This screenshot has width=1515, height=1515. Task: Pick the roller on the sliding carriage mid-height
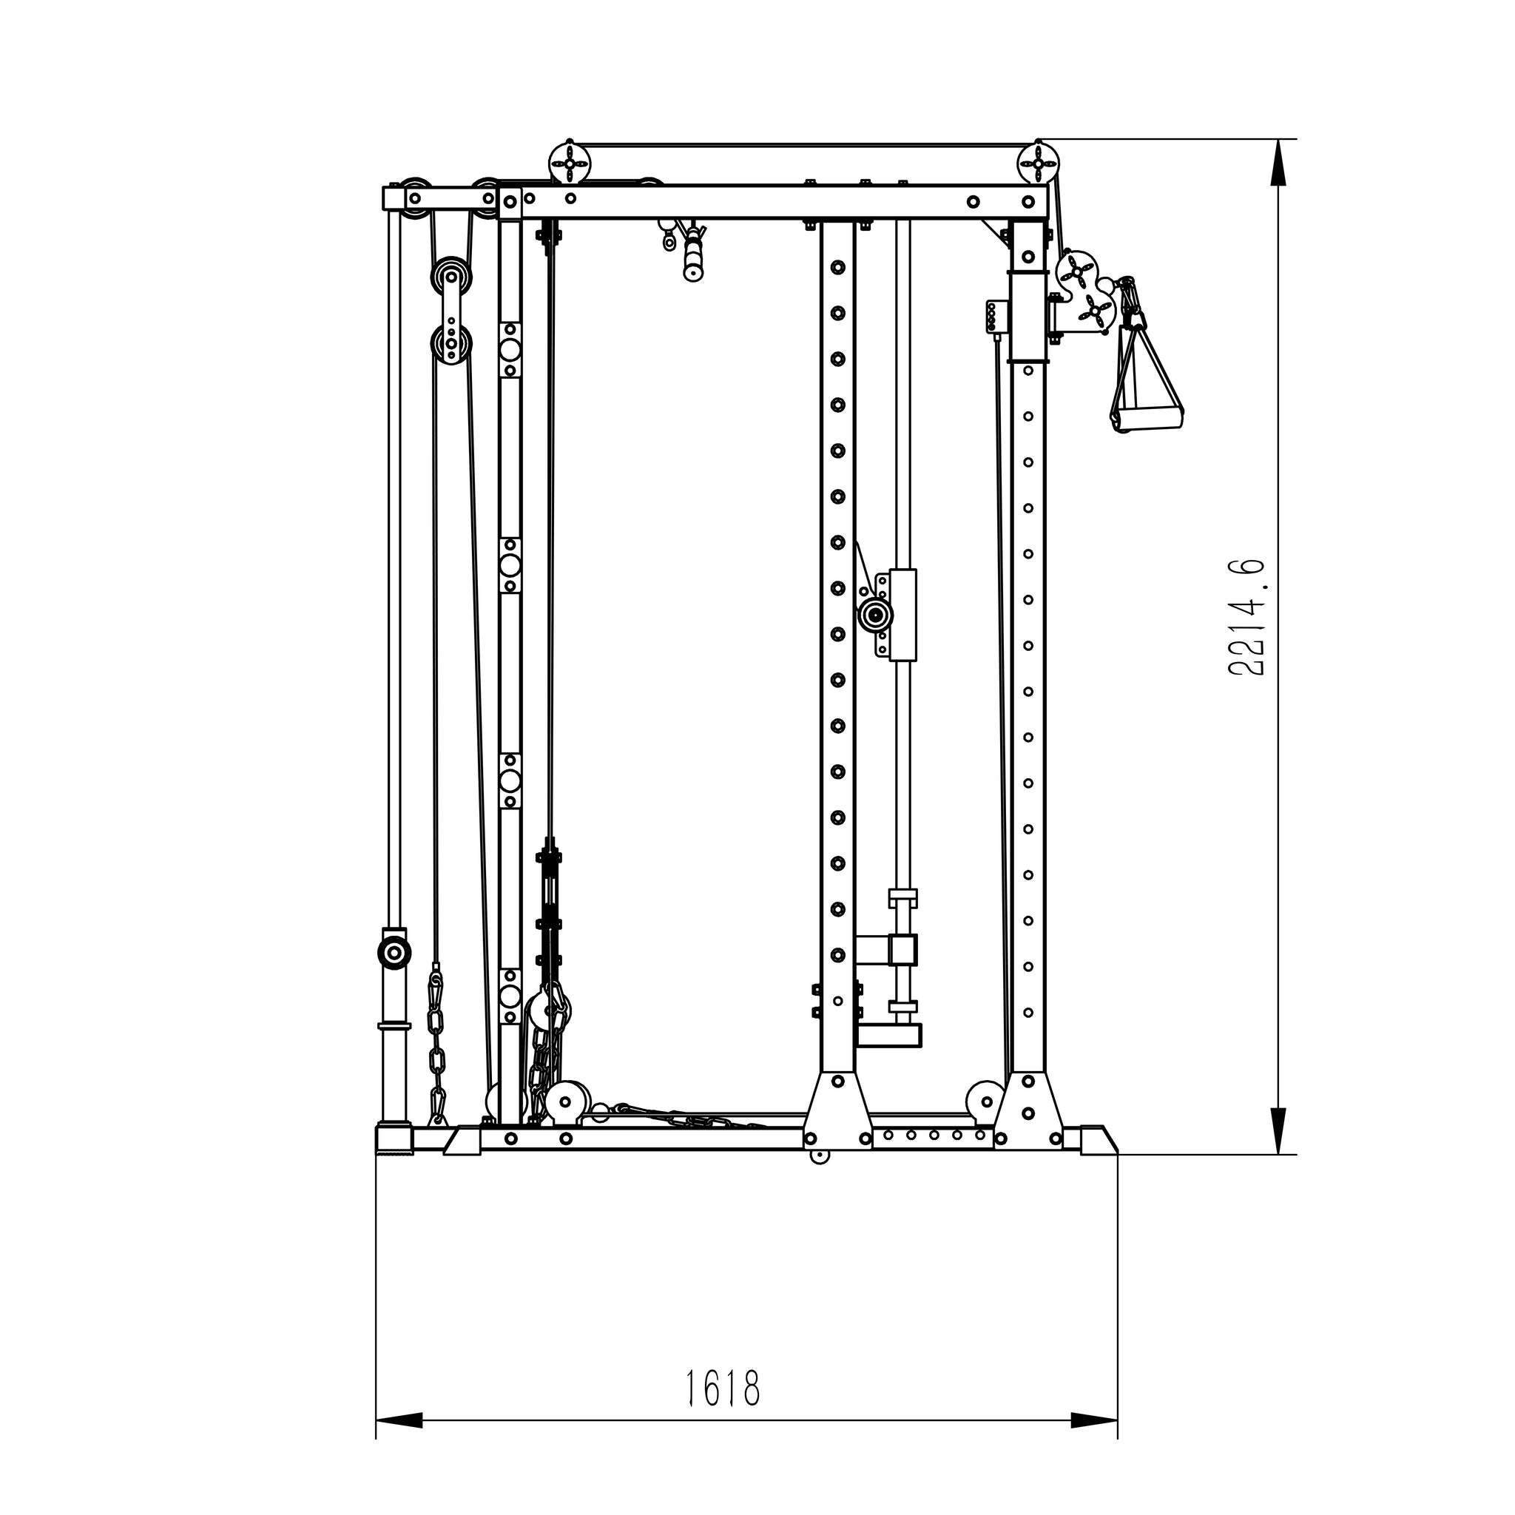874,615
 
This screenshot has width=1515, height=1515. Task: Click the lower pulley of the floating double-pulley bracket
452,343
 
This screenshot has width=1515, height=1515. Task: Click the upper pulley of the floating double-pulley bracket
451,277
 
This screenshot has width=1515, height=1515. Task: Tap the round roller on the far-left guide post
394,953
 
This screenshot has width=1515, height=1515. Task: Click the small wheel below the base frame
820,1155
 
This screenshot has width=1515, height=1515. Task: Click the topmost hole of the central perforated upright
837,267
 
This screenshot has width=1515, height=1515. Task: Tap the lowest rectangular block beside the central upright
889,1035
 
